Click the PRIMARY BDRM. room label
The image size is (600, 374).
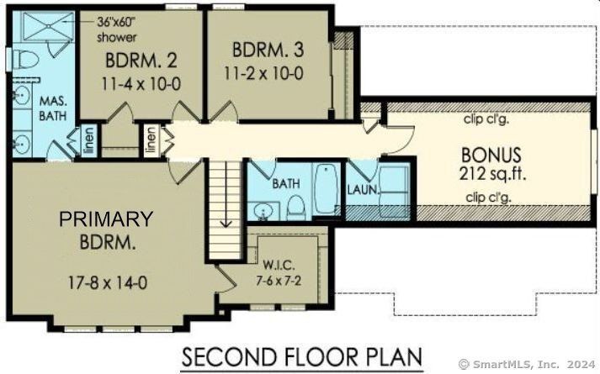(x=106, y=230)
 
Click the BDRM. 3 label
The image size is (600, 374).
(x=263, y=50)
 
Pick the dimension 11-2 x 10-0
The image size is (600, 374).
(x=263, y=73)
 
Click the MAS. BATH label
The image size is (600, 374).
(x=55, y=108)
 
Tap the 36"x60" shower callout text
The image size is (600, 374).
(x=117, y=29)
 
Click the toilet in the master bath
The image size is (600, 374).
(x=25, y=61)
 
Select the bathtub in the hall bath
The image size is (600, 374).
(x=325, y=191)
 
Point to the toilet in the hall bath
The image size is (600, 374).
(x=296, y=205)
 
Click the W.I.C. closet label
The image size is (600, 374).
(x=277, y=265)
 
